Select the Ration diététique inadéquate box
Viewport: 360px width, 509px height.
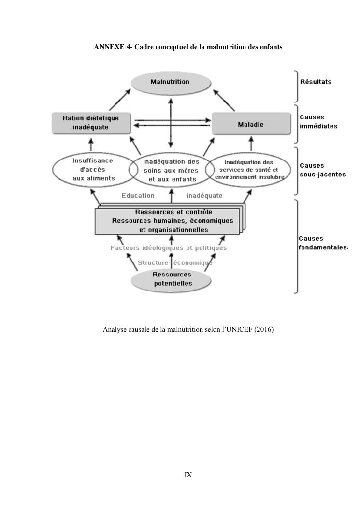(x=90, y=123)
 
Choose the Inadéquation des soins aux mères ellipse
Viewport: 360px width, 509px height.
(x=171, y=170)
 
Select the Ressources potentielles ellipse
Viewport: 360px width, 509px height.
(x=172, y=279)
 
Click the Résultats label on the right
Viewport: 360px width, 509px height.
(x=316, y=82)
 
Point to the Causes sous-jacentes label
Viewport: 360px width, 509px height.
(x=321, y=170)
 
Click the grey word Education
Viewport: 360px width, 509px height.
(x=138, y=196)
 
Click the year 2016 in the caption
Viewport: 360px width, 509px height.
(x=263, y=330)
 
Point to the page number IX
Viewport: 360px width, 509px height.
(x=188, y=475)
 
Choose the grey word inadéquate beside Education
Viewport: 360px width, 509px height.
(x=204, y=196)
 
